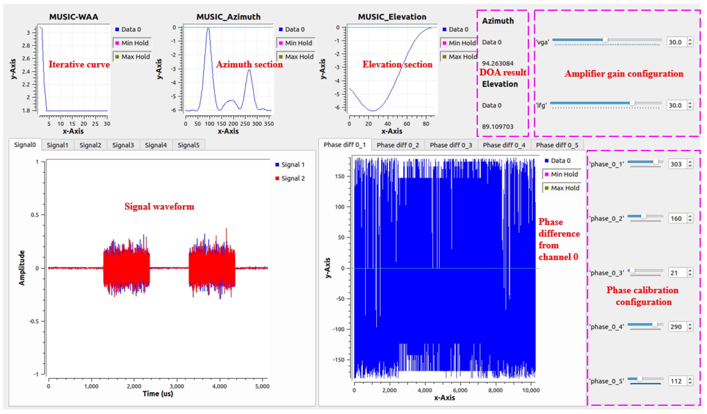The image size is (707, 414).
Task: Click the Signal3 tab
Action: click(123, 145)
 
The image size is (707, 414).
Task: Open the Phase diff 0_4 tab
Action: click(504, 145)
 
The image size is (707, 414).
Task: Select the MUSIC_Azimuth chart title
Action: click(228, 17)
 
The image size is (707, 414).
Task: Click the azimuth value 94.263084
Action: click(498, 63)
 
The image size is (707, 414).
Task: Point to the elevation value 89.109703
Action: click(498, 127)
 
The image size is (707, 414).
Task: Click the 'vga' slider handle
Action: click(605, 40)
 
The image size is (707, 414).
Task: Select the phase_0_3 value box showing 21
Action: click(675, 273)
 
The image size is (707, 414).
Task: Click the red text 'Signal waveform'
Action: click(159, 207)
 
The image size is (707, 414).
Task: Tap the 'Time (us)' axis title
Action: click(158, 394)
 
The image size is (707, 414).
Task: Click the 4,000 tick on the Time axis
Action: click(219, 386)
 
